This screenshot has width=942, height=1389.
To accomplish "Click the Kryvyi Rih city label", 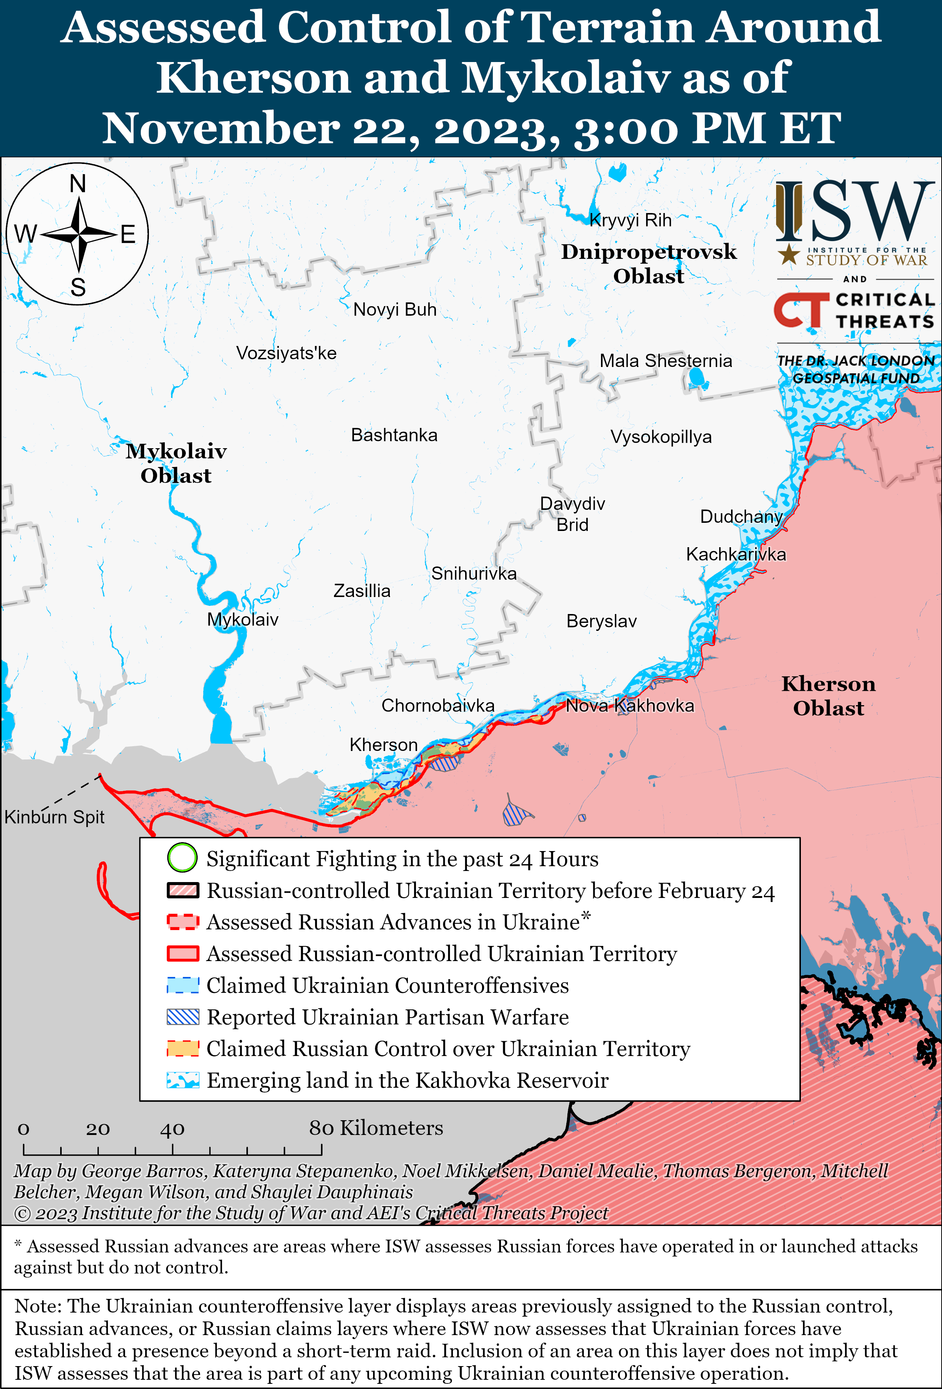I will [630, 220].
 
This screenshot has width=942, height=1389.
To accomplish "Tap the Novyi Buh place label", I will [395, 310].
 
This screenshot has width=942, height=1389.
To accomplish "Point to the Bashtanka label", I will [394, 435].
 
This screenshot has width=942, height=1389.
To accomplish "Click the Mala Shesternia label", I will [666, 361].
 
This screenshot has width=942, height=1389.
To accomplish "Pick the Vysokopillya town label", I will [661, 437].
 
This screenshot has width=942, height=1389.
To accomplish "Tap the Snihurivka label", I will [474, 574].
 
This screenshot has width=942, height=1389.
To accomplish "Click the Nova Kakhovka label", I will [630, 706].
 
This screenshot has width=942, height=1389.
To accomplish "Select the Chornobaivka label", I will [438, 706].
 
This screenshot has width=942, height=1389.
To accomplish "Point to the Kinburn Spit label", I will [54, 817].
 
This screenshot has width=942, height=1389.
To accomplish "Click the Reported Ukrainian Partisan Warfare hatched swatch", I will [182, 1017].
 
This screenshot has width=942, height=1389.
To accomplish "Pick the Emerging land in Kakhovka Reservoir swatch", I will [182, 1080].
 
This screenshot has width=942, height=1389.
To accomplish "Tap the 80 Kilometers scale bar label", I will [376, 1128].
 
